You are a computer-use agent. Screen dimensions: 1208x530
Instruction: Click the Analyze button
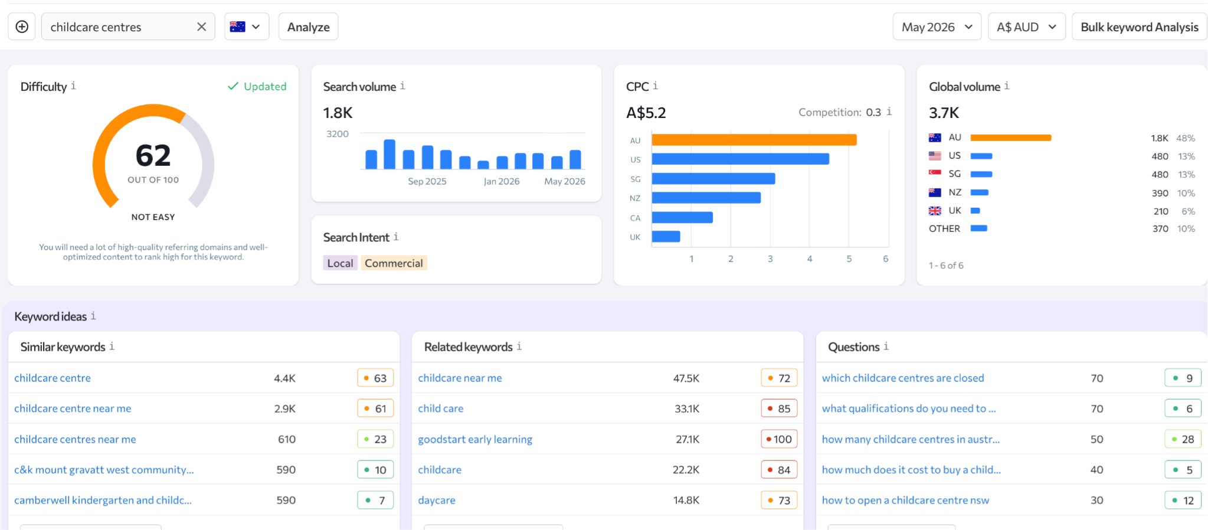point(308,27)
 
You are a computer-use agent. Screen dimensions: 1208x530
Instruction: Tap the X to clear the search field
point(201,27)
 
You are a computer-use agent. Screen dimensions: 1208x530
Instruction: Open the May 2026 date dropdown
point(937,27)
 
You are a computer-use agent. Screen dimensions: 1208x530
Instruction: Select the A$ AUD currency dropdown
point(1026,27)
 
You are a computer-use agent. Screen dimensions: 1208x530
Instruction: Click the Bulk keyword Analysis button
point(1139,27)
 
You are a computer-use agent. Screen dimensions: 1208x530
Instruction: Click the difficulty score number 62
point(153,156)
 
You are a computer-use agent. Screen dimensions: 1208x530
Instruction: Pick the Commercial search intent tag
point(394,263)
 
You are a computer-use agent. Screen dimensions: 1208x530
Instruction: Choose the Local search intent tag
point(340,263)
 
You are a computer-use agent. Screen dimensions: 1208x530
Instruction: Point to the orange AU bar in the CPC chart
point(754,140)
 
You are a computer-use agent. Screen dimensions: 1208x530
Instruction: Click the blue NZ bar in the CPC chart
point(706,198)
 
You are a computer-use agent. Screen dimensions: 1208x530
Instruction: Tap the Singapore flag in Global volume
point(935,174)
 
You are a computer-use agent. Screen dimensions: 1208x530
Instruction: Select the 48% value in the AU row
point(1186,138)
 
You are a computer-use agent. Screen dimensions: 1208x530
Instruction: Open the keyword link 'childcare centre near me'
point(73,408)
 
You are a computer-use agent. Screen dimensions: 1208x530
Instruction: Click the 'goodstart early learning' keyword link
point(475,439)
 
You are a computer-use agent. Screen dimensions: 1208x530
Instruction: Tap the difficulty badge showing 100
point(779,439)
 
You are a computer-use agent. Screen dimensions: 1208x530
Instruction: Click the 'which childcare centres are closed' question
point(903,378)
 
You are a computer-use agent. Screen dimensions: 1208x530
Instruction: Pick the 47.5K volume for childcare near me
point(686,378)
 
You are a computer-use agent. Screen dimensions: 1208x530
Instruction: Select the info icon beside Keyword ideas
point(93,316)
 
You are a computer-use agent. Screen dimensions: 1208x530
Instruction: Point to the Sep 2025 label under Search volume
point(427,181)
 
